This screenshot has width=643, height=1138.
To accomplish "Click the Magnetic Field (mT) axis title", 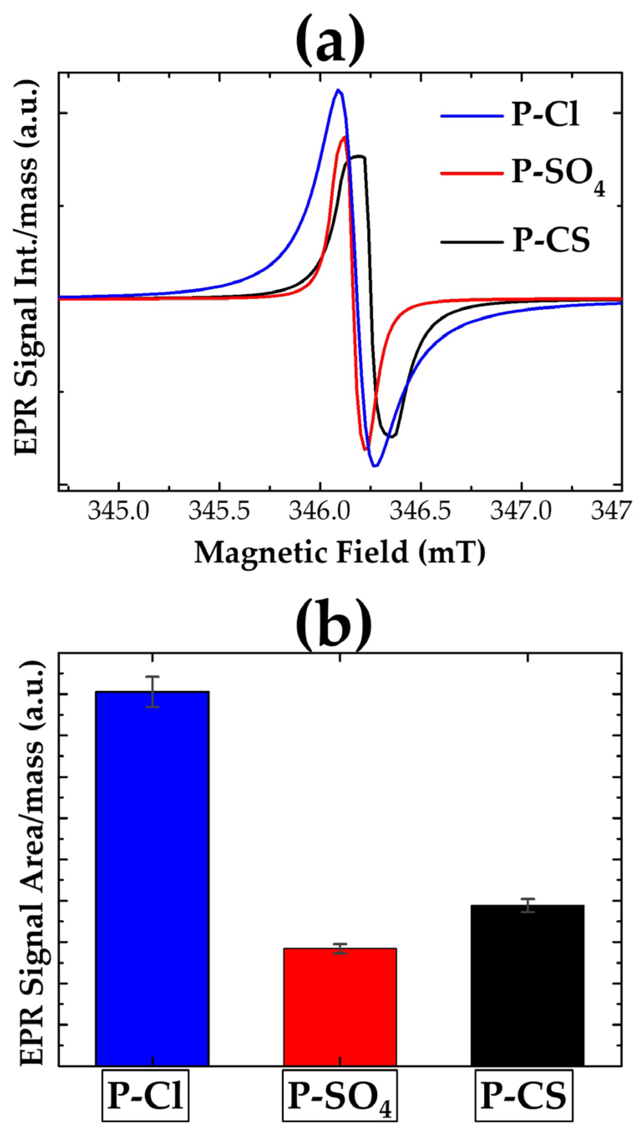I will click(x=339, y=553).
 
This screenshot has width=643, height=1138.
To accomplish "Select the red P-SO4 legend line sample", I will click(x=472, y=173).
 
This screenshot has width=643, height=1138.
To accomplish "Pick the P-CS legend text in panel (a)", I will click(x=551, y=241).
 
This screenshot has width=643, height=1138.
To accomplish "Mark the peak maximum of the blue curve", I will click(x=338, y=90).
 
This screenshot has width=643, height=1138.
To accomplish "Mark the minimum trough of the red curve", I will click(x=365, y=449).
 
